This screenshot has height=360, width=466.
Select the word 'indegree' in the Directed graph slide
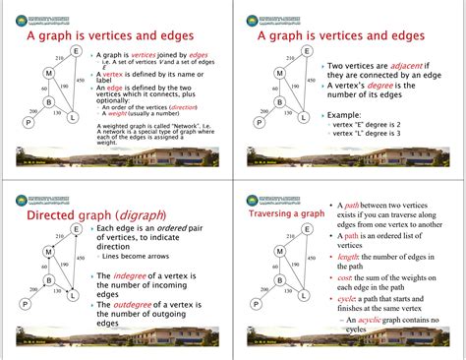[x=139, y=272]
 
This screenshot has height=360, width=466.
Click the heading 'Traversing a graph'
[x=285, y=213]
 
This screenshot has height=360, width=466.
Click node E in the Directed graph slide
[x=76, y=231]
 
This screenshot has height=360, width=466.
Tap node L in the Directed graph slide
[x=74, y=292]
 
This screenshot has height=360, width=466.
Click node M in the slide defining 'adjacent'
[x=280, y=74]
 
